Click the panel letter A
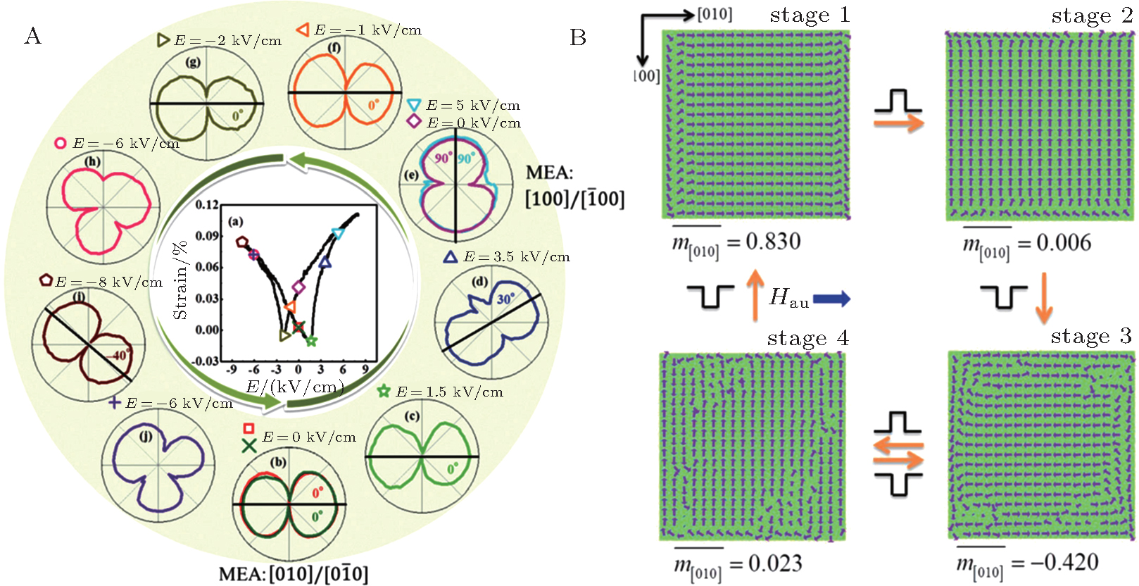coord(32,36)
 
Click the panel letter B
coord(578,37)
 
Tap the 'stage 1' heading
coord(810,15)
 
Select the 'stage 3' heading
coord(1090,336)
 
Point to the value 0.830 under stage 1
coord(773,242)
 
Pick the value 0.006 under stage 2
coord(1064,243)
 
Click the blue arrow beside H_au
coord(831,299)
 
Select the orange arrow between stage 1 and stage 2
coord(898,123)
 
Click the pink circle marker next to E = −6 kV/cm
coord(61,143)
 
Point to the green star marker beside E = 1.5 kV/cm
coord(384,391)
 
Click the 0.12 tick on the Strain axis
coord(207,205)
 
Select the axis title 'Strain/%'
coord(180,280)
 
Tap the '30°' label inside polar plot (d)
coord(505,299)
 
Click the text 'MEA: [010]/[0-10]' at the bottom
coord(293,574)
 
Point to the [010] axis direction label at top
coord(715,15)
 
